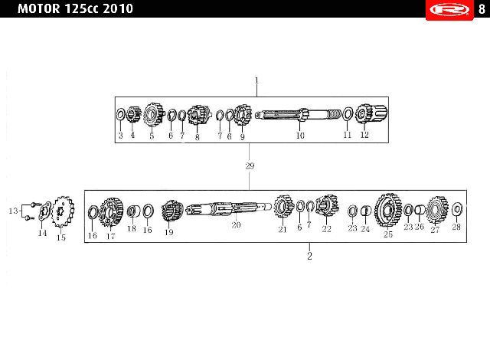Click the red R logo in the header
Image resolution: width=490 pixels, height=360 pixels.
click(449, 10)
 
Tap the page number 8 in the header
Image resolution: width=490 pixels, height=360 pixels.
click(482, 9)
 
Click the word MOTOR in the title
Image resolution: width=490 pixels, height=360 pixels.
click(39, 8)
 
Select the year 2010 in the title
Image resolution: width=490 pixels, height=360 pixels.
click(118, 8)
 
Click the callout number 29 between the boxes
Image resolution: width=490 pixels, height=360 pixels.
click(250, 166)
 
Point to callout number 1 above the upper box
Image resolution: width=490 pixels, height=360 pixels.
click(256, 80)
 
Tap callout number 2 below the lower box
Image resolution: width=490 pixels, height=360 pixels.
click(309, 256)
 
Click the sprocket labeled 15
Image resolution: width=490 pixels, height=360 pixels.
click(63, 211)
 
